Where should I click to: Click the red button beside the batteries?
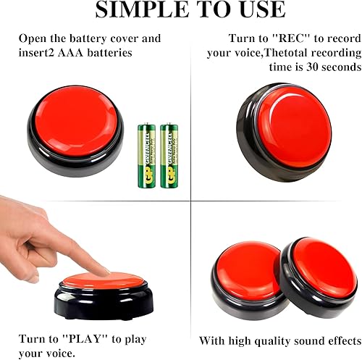75,122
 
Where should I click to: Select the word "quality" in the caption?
255,340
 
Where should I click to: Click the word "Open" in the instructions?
33,38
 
